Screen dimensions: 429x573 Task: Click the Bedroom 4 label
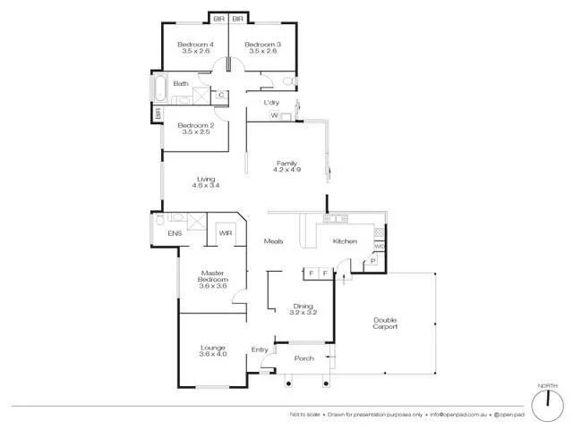point(194,45)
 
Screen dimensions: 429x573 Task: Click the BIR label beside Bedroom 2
point(158,114)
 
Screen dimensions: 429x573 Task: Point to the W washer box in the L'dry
point(274,116)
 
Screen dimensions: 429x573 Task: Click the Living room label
point(206,179)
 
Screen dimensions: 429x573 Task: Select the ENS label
point(175,233)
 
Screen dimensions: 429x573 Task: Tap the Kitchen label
point(345,241)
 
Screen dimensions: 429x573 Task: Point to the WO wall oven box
point(379,246)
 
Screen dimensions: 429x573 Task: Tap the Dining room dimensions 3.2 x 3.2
point(303,312)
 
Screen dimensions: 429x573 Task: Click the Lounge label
point(212,347)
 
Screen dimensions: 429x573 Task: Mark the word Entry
point(260,349)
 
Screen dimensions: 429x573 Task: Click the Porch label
point(304,358)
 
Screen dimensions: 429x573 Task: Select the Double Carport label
point(386,323)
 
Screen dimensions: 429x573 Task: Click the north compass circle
point(543,405)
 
